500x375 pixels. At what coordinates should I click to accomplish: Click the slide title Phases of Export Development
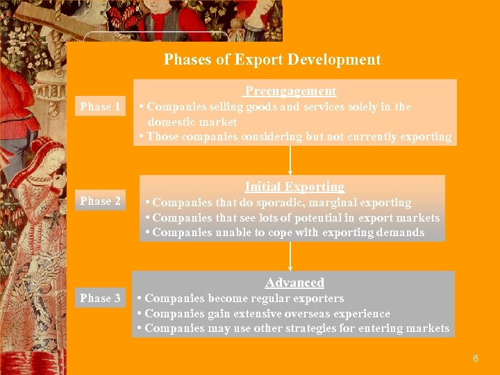coord(272,60)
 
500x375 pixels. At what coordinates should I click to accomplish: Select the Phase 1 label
coord(100,106)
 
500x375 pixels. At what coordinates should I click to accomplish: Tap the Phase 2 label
coord(100,201)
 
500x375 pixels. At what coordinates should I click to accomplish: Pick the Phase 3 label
coord(100,298)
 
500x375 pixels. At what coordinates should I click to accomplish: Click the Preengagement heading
coord(290,91)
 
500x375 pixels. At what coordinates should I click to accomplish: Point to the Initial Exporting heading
coord(294,187)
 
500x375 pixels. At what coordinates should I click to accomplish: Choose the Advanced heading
coord(294,283)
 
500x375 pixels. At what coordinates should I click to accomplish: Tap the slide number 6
coord(475,359)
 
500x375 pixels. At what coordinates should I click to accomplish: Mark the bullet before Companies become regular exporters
coord(140,299)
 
